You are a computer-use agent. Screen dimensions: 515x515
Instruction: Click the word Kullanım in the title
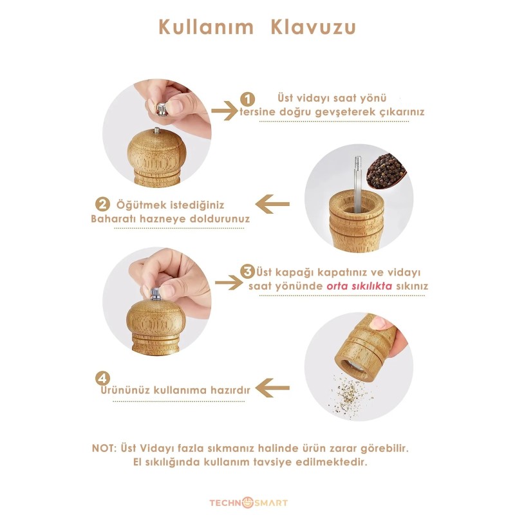pyautogui.click(x=206, y=27)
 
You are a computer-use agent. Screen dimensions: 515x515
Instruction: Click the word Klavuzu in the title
pyautogui.click(x=314, y=27)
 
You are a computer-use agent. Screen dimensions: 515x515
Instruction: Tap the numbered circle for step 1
pyautogui.click(x=247, y=99)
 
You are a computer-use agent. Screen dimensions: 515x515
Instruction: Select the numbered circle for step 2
pyautogui.click(x=102, y=204)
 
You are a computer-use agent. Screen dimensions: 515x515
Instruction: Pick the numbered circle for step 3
pyautogui.click(x=247, y=272)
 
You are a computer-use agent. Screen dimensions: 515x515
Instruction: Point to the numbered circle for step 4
pyautogui.click(x=102, y=379)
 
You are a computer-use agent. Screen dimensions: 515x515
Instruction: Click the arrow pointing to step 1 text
pyautogui.click(x=225, y=111)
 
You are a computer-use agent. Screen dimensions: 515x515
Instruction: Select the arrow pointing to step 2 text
pyautogui.click(x=272, y=204)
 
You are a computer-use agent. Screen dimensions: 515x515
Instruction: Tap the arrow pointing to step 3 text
pyautogui.click(x=229, y=283)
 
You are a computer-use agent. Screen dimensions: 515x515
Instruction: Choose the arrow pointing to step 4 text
pyautogui.click(x=272, y=388)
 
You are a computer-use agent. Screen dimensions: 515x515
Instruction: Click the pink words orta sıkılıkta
pyautogui.click(x=359, y=286)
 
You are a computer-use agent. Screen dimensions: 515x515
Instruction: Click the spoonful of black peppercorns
pyautogui.click(x=386, y=171)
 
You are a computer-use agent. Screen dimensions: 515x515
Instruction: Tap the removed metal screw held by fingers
pyautogui.click(x=162, y=109)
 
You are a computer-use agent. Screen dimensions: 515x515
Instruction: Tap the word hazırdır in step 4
pyautogui.click(x=230, y=390)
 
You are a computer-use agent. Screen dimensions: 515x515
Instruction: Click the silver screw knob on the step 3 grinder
pyautogui.click(x=156, y=294)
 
